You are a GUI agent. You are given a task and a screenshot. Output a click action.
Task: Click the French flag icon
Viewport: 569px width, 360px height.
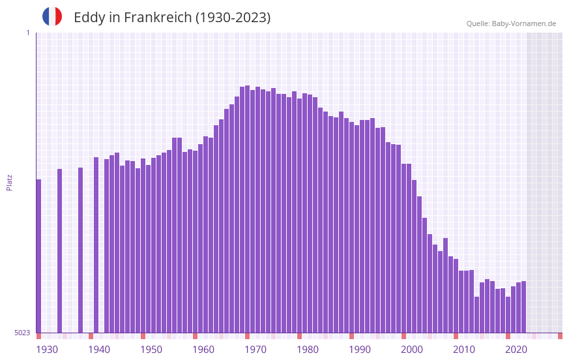point(52,17)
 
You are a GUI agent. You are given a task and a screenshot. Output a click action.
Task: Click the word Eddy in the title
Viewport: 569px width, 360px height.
point(87,18)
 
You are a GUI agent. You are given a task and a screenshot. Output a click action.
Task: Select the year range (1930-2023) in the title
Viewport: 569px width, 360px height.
point(233,18)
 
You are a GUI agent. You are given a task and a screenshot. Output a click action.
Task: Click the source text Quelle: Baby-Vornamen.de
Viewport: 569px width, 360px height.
point(511,23)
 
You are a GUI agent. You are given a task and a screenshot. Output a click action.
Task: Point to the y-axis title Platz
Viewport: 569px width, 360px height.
point(9,182)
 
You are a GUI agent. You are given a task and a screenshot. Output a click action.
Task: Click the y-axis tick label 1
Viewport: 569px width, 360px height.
point(27,33)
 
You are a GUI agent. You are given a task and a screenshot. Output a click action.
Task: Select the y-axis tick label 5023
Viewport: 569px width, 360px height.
point(22,333)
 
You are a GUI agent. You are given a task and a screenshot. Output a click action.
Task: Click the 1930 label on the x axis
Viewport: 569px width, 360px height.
point(47,350)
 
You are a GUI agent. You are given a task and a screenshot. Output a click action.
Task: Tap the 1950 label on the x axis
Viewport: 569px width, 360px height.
point(151,350)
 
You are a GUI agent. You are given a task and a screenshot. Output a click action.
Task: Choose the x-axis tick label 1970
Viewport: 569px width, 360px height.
point(255,350)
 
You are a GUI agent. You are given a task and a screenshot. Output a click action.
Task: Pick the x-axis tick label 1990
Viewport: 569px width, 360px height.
point(360,350)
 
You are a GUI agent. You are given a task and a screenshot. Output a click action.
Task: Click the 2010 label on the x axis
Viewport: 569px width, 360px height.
point(464,350)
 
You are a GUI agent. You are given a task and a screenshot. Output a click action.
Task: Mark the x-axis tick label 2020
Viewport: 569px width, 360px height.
point(516,350)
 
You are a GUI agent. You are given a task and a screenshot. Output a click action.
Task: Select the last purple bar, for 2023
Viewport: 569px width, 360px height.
point(523,307)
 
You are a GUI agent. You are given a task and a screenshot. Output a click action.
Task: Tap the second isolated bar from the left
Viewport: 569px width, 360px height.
point(59,250)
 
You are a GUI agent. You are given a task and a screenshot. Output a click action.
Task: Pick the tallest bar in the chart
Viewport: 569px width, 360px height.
point(247,209)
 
